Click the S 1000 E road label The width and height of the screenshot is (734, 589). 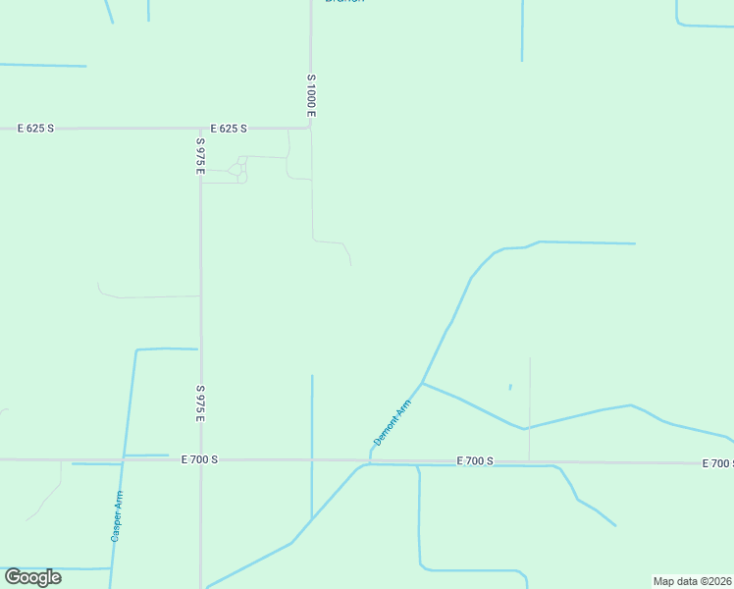pyautogui.click(x=310, y=95)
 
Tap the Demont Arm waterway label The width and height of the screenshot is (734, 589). pyautogui.click(x=392, y=423)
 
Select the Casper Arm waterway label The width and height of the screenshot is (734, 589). pyautogui.click(x=117, y=516)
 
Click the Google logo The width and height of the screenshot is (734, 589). pyautogui.click(x=32, y=577)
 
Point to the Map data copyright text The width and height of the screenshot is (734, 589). pyautogui.click(x=692, y=581)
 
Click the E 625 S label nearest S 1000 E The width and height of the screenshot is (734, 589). pyautogui.click(x=229, y=129)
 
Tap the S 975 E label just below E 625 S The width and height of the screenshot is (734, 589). pyautogui.click(x=199, y=156)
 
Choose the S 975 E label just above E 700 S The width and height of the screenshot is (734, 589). pyautogui.click(x=199, y=403)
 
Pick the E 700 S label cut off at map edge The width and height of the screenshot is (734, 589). pyautogui.click(x=717, y=463)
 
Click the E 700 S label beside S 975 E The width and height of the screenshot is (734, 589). pyautogui.click(x=199, y=459)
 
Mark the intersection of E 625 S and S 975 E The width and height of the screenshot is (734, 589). pyautogui.click(x=200, y=128)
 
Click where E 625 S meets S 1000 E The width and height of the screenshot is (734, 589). pyautogui.click(x=311, y=127)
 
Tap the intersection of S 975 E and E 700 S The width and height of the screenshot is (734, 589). pyautogui.click(x=200, y=459)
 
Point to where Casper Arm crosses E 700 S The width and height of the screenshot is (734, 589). pyautogui.click(x=122, y=459)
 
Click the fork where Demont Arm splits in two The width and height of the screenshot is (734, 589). pyautogui.click(x=422, y=383)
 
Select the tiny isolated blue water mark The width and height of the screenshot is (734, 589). pyautogui.click(x=510, y=388)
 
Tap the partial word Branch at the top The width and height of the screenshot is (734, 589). pyautogui.click(x=344, y=2)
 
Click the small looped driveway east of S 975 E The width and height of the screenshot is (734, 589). pyautogui.click(x=239, y=169)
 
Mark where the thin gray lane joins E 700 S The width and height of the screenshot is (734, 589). pyautogui.click(x=530, y=461)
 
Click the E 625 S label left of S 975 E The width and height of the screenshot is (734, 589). pyautogui.click(x=36, y=129)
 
